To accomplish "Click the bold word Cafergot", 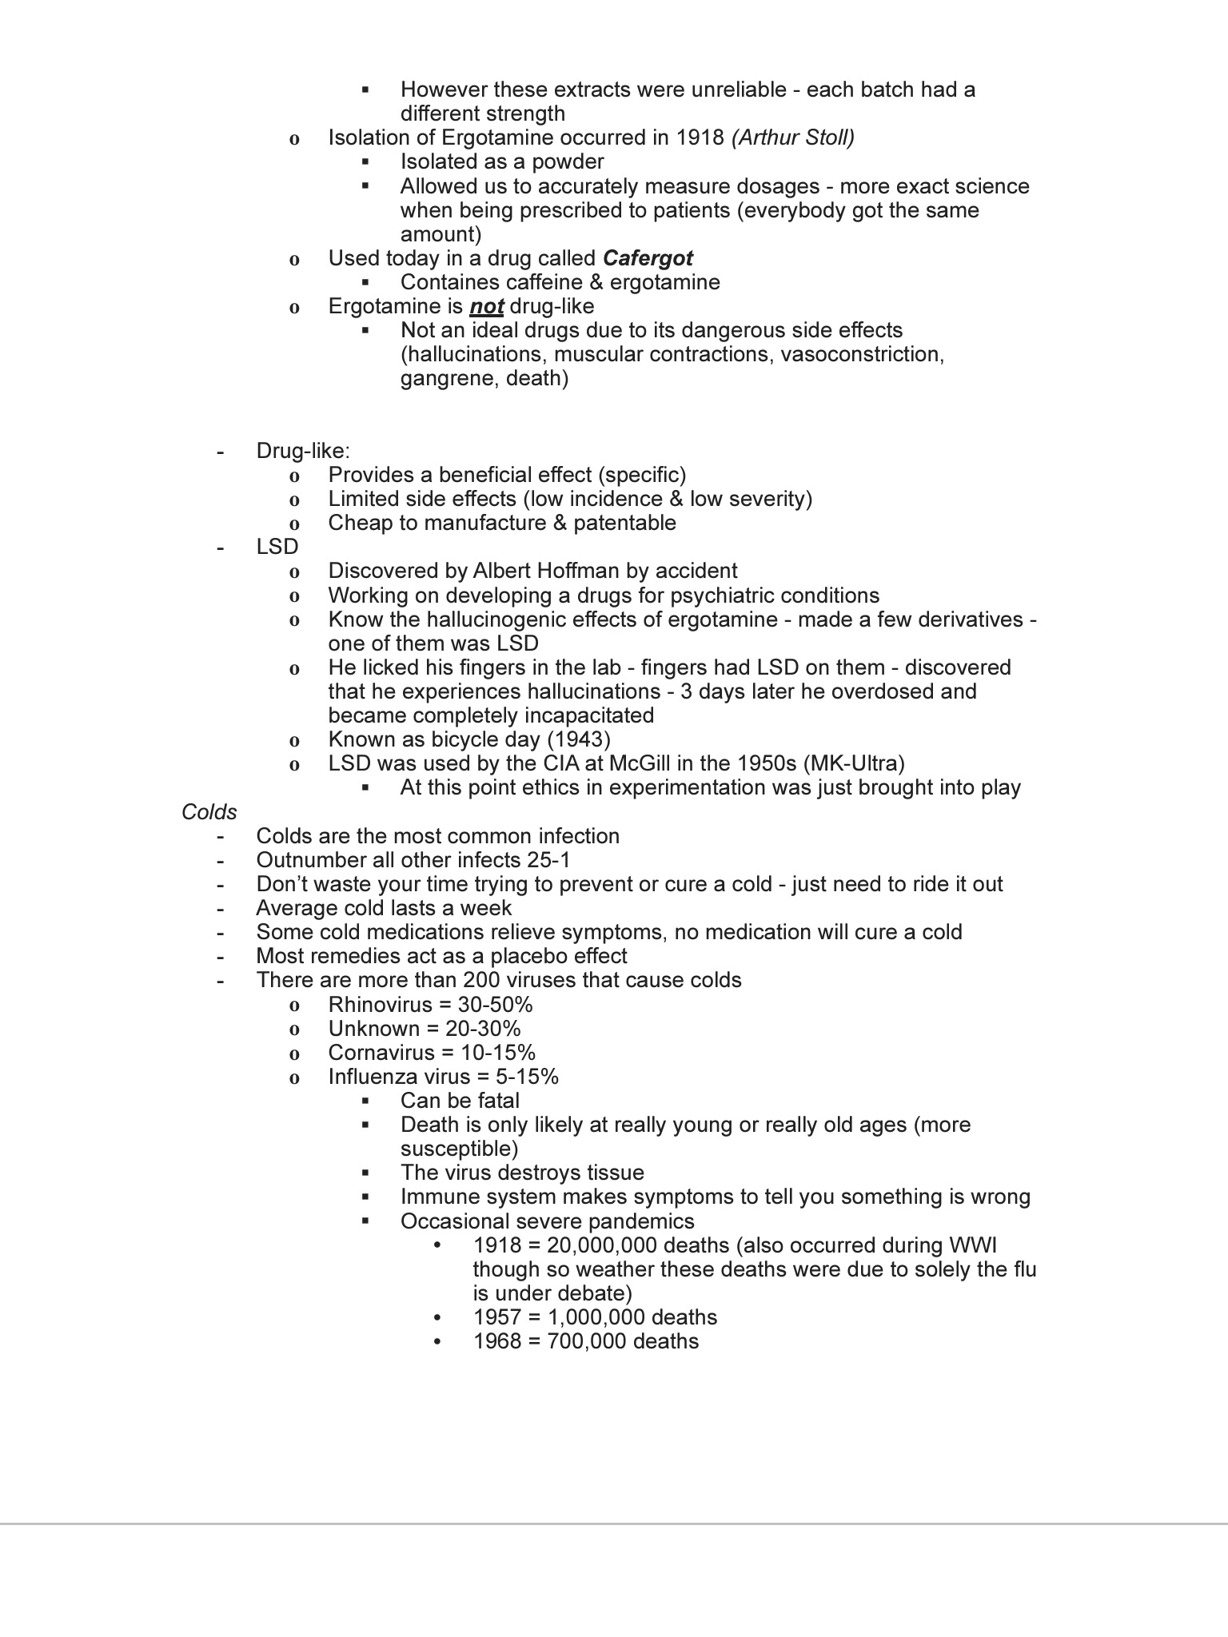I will point(648,258).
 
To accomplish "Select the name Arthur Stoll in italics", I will point(793,137).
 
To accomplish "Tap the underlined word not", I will point(486,307).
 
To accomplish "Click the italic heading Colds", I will point(209,812).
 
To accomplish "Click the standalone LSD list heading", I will point(277,547).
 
